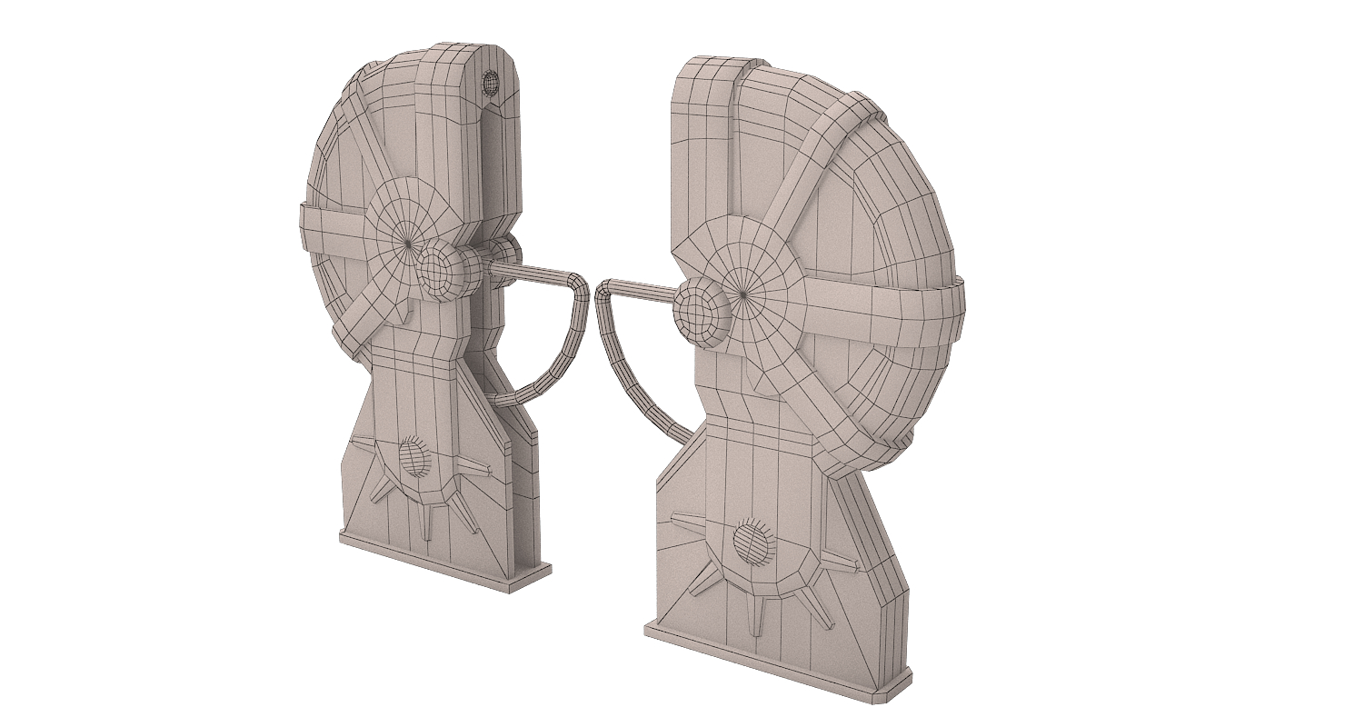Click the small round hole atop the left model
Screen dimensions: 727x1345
coord(492,84)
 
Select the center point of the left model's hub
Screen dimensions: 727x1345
coord(408,244)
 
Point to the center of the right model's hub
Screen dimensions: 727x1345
coord(744,293)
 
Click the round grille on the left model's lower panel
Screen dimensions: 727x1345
coord(413,457)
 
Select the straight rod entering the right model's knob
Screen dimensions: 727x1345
coord(641,288)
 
